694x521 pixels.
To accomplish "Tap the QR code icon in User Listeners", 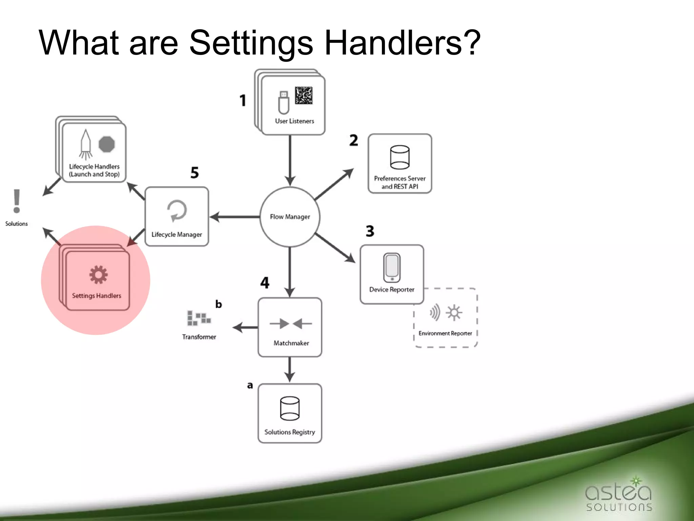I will pyautogui.click(x=303, y=95).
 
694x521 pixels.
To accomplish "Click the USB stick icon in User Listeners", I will pyautogui.click(x=284, y=102).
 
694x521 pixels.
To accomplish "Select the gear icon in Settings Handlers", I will pyautogui.click(x=98, y=274).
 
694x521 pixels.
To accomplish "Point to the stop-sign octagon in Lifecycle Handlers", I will pyautogui.click(x=107, y=144).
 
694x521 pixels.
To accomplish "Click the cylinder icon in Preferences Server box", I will pyautogui.click(x=400, y=157).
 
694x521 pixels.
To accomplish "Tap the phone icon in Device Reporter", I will pyautogui.click(x=392, y=268).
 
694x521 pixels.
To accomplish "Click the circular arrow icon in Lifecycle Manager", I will pyautogui.click(x=177, y=211).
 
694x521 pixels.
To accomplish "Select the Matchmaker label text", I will pyautogui.click(x=291, y=343).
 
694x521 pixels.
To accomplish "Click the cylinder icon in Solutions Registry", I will pyautogui.click(x=290, y=408).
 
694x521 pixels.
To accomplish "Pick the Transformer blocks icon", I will pyautogui.click(x=199, y=318).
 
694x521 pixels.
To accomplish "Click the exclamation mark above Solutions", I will pyautogui.click(x=17, y=201).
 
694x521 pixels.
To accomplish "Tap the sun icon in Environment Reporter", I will pyautogui.click(x=454, y=312).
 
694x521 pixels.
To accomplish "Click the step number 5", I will pyautogui.click(x=195, y=173).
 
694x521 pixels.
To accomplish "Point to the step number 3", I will pyautogui.click(x=370, y=231).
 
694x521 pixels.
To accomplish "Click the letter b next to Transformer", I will pyautogui.click(x=219, y=304).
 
